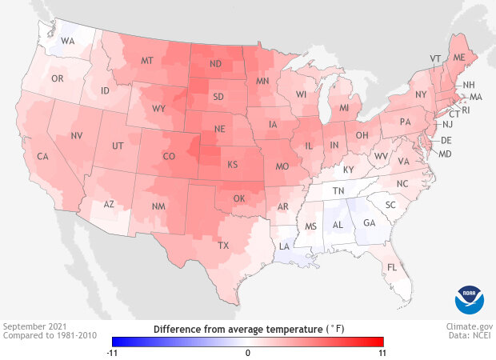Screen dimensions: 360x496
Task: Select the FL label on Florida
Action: coord(392,267)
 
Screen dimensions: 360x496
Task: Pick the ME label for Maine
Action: coord(458,58)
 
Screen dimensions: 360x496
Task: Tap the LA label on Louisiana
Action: coord(284,247)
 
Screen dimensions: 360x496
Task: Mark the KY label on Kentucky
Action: coord(348,170)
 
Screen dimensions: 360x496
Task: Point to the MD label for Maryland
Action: coord(446,154)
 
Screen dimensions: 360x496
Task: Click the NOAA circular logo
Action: coord(470,298)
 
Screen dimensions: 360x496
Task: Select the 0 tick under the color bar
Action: coord(248,352)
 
